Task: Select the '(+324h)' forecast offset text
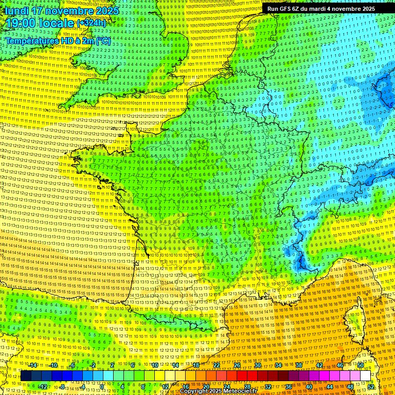tap(91, 23)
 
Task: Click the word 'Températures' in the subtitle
tap(31, 41)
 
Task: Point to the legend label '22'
tap(217, 365)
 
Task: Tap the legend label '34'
tap(278, 365)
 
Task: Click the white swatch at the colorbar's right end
tap(366, 376)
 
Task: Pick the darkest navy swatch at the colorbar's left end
tap(26, 376)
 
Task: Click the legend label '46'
tap(340, 365)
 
